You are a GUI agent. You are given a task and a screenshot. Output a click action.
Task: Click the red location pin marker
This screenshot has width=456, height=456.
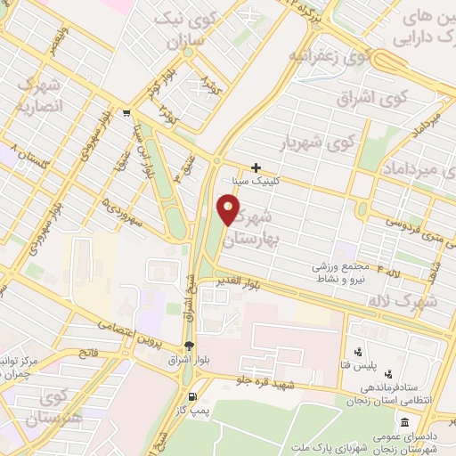point(229,210)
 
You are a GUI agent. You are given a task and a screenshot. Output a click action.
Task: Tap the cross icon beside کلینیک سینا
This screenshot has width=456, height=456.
point(256,167)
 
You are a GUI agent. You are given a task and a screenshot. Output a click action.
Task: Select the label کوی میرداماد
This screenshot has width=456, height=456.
point(419,166)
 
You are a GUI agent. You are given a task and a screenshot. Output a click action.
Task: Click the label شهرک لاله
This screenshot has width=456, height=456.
point(430,302)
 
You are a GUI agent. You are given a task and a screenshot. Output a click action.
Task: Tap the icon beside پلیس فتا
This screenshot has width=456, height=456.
point(358,352)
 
